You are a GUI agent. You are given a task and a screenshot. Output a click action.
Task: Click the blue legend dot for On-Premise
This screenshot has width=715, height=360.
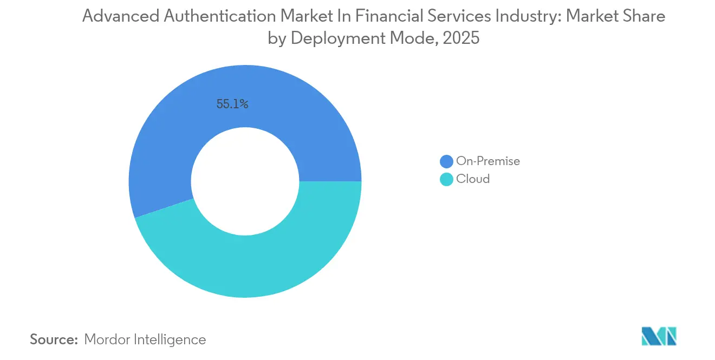point(446,161)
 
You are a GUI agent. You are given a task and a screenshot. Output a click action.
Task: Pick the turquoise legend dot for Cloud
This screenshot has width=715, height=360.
point(446,179)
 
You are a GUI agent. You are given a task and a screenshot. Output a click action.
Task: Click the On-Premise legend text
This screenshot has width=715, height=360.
point(487,161)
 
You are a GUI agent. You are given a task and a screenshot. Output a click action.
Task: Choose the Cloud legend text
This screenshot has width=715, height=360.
point(472,179)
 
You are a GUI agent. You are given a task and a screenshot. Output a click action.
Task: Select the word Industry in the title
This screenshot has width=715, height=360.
point(529,17)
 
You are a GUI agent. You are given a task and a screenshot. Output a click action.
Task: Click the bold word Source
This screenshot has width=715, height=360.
point(54,339)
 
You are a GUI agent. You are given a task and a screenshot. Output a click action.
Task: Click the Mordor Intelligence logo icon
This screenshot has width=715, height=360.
point(659,336)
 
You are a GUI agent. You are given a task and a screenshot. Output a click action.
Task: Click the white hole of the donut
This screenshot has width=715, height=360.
point(245,181)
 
